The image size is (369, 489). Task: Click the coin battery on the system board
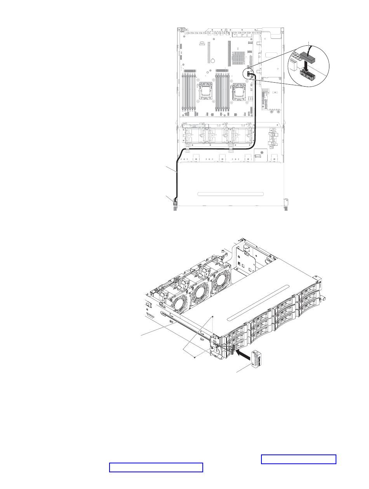[x=213, y=61]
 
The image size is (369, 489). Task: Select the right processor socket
[x=238, y=93]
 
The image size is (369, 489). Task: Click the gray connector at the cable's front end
[x=175, y=203]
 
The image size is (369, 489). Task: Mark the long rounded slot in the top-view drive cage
[x=230, y=193]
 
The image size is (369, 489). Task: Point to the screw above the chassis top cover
[x=213, y=317]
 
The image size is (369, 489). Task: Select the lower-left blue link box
[x=156, y=467]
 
